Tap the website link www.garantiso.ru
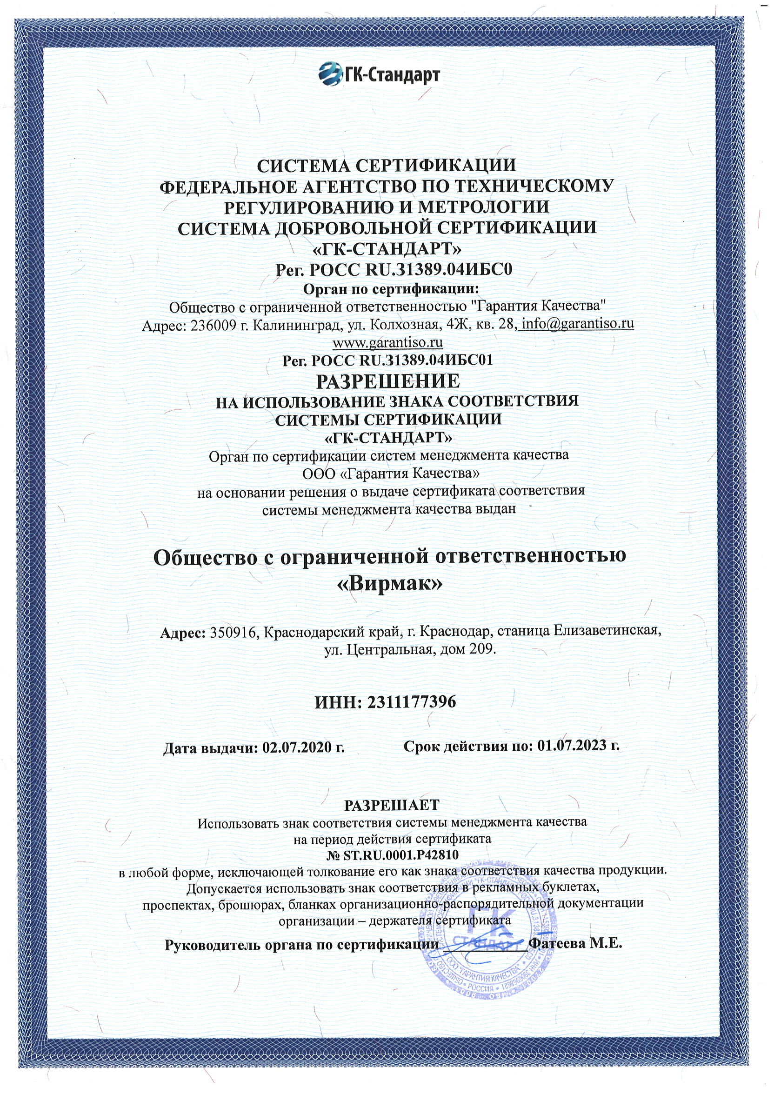pos(387,342)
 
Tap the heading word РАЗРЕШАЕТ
pos(391,806)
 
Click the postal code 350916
pos(234,632)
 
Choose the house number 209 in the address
pos(482,649)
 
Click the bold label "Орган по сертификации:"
pos(391,289)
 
